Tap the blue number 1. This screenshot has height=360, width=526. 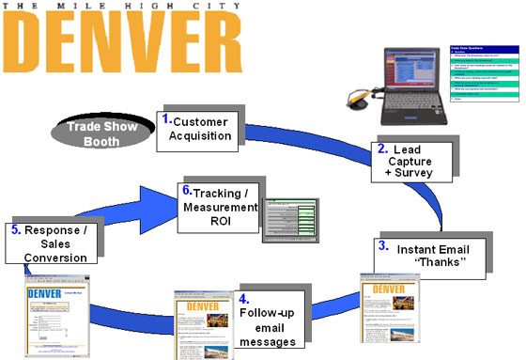tap(165, 120)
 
